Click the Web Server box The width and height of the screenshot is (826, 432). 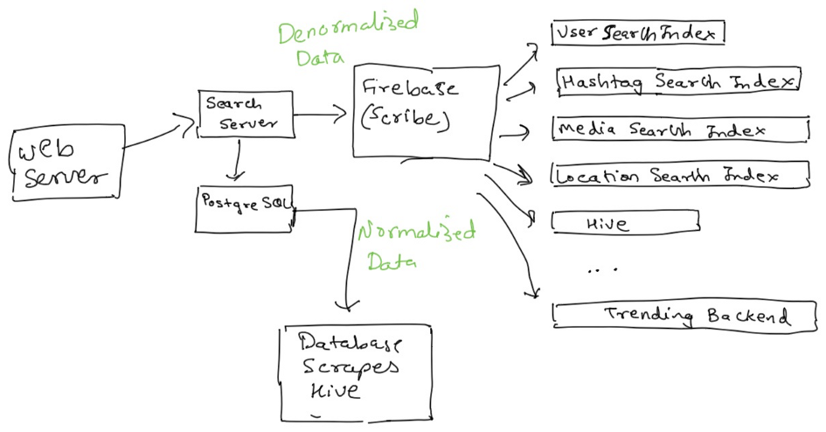[64, 164]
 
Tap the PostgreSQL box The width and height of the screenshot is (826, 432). [246, 207]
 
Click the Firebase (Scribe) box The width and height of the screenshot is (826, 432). [426, 112]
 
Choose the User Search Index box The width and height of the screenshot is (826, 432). [639, 33]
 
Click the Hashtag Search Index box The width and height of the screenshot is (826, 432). [677, 81]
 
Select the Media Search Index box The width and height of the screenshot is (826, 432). [680, 129]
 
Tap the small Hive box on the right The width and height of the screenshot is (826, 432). [625, 224]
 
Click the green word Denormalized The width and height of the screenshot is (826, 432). [347, 30]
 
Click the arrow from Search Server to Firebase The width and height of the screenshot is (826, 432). [323, 114]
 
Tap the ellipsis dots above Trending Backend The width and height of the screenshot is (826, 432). [603, 269]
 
